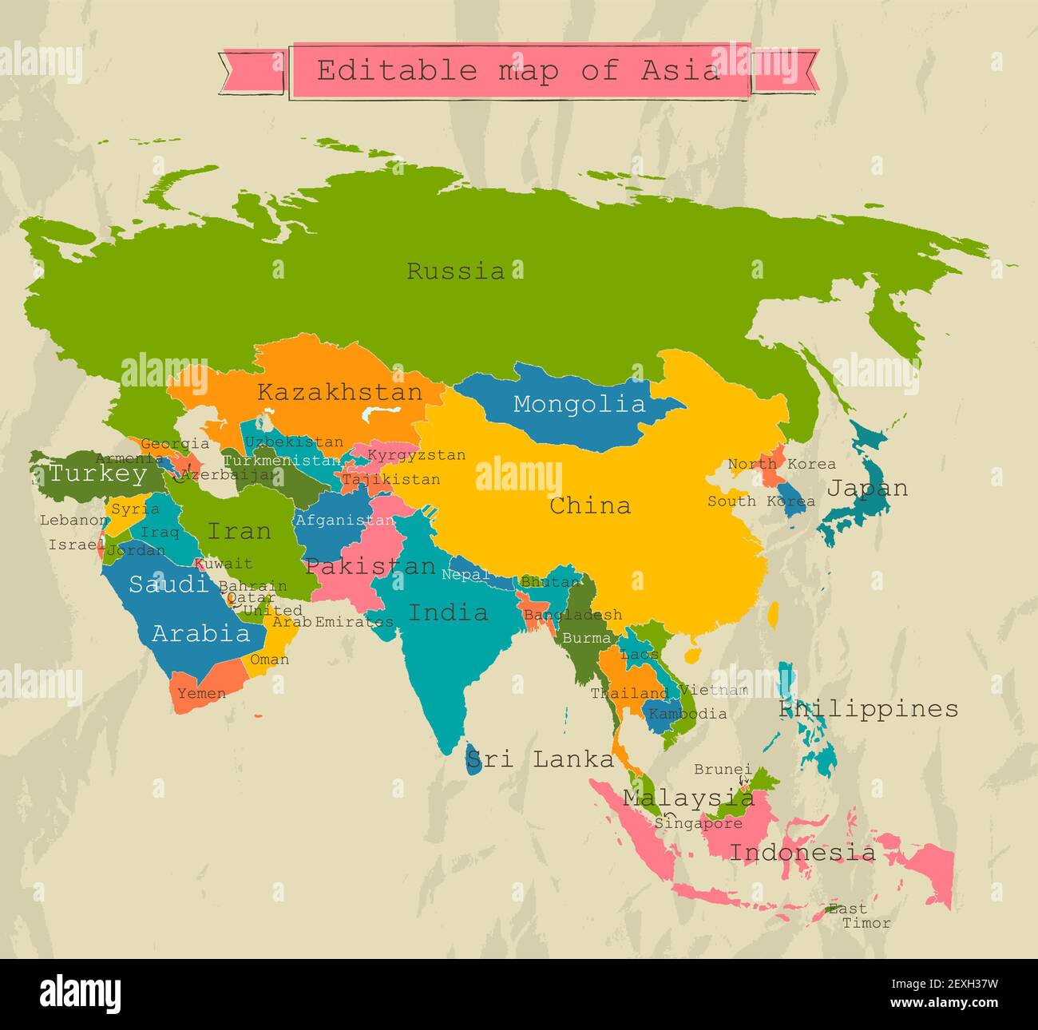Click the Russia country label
tap(456, 271)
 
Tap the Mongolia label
tap(579, 404)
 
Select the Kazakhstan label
tap(339, 392)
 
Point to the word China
tap(590, 505)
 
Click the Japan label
tap(866, 488)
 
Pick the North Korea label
tap(782, 464)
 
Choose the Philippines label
tap(869, 709)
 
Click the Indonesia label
tap(802, 853)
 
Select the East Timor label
tap(858, 916)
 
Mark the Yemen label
tap(201, 693)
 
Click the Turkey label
tap(97, 473)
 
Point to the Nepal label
tap(465, 574)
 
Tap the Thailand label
tap(629, 693)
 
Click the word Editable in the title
tap(397, 70)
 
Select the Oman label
tap(269, 660)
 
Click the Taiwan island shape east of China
tap(772, 614)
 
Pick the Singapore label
tap(699, 822)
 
